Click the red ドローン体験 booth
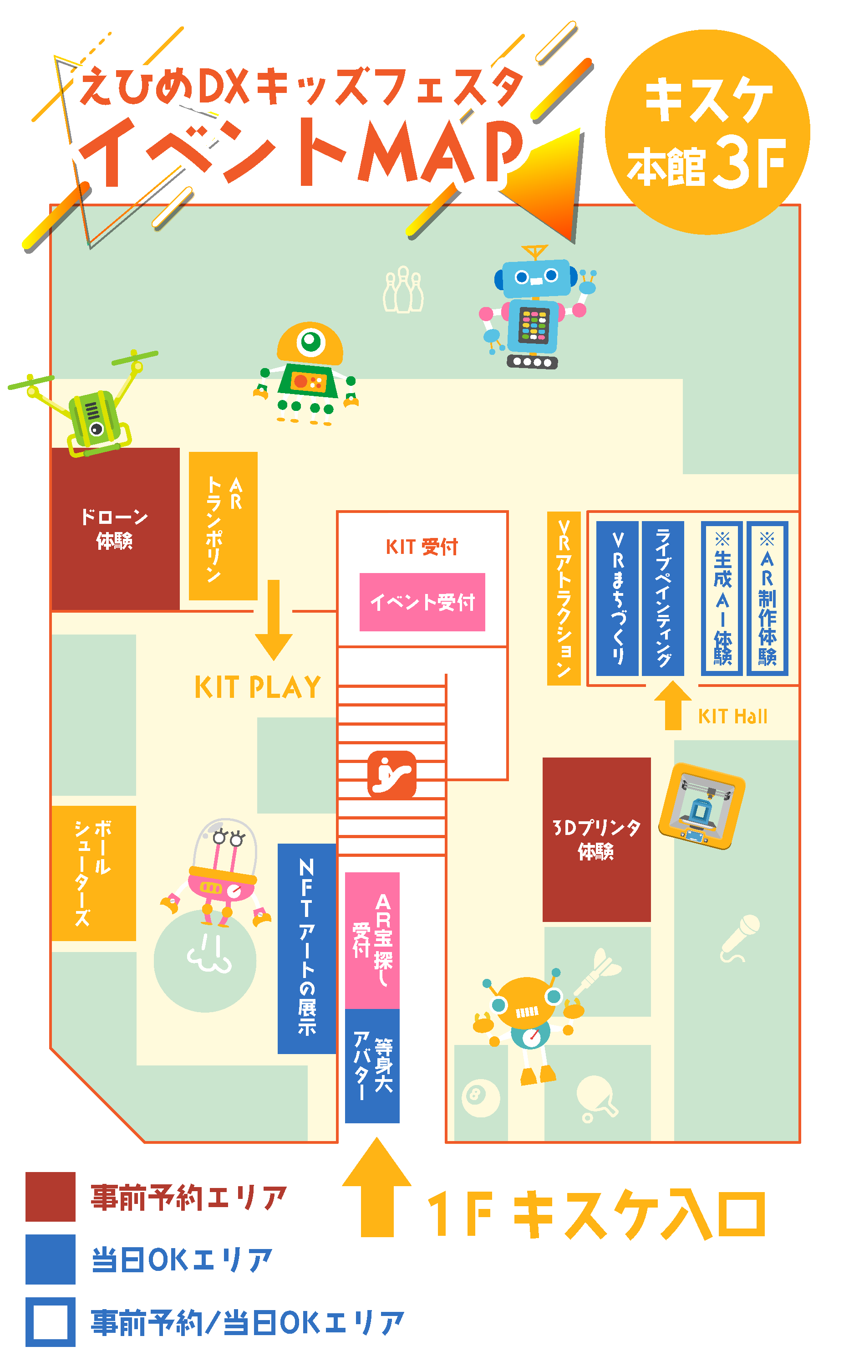click(x=115, y=529)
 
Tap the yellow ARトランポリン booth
click(x=223, y=526)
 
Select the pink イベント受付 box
click(x=422, y=602)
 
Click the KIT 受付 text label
click(x=422, y=547)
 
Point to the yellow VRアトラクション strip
click(x=564, y=599)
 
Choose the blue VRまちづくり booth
click(x=617, y=599)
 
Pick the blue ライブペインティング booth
click(x=662, y=599)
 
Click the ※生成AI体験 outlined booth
click(x=722, y=599)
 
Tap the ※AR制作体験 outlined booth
click(x=767, y=599)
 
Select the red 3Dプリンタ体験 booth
click(x=596, y=839)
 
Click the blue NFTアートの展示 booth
click(x=307, y=949)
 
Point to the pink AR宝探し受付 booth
click(x=372, y=940)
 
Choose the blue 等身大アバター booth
click(x=372, y=1066)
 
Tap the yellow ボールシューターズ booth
click(x=94, y=874)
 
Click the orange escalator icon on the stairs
click(x=391, y=774)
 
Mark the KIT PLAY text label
click(x=258, y=688)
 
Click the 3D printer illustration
click(x=701, y=806)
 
